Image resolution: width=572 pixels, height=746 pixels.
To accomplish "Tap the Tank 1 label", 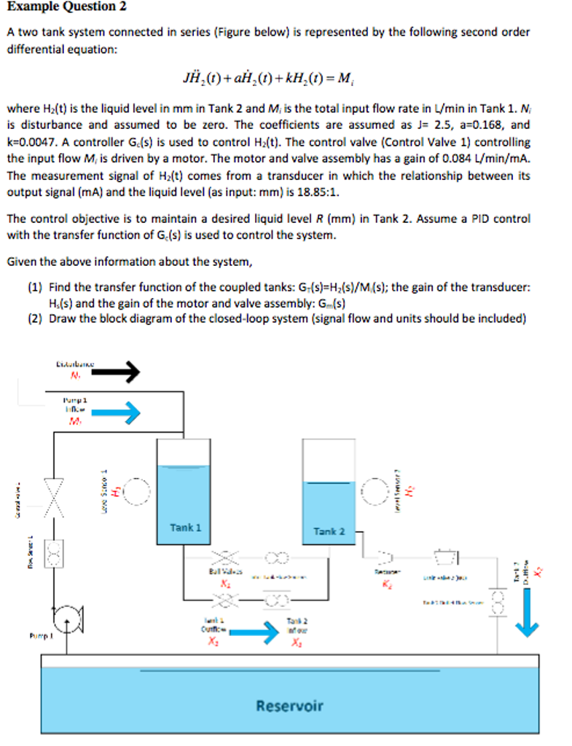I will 185,527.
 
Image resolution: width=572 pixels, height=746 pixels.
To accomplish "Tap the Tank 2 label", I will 329,531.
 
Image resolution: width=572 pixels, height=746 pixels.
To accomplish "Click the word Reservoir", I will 289,705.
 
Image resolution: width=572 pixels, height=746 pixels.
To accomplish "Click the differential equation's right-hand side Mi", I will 347,77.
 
